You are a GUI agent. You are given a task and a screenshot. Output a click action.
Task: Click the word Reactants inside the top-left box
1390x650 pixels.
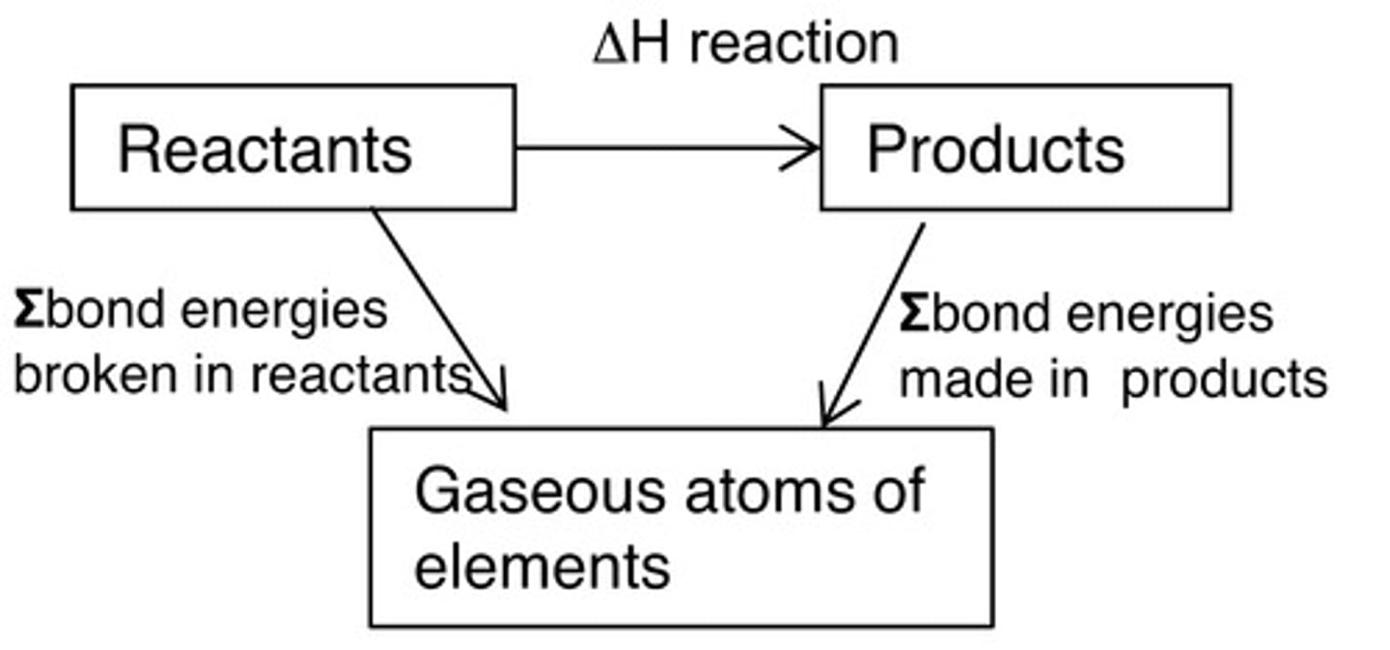point(264,150)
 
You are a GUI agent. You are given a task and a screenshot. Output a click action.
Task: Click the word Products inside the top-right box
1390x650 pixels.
point(995,150)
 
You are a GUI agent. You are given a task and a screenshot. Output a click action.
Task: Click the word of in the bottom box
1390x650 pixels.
point(894,491)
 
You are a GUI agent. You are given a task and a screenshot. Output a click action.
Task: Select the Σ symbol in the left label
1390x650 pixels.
point(28,311)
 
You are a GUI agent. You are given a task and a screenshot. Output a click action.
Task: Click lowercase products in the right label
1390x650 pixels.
point(1225,380)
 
